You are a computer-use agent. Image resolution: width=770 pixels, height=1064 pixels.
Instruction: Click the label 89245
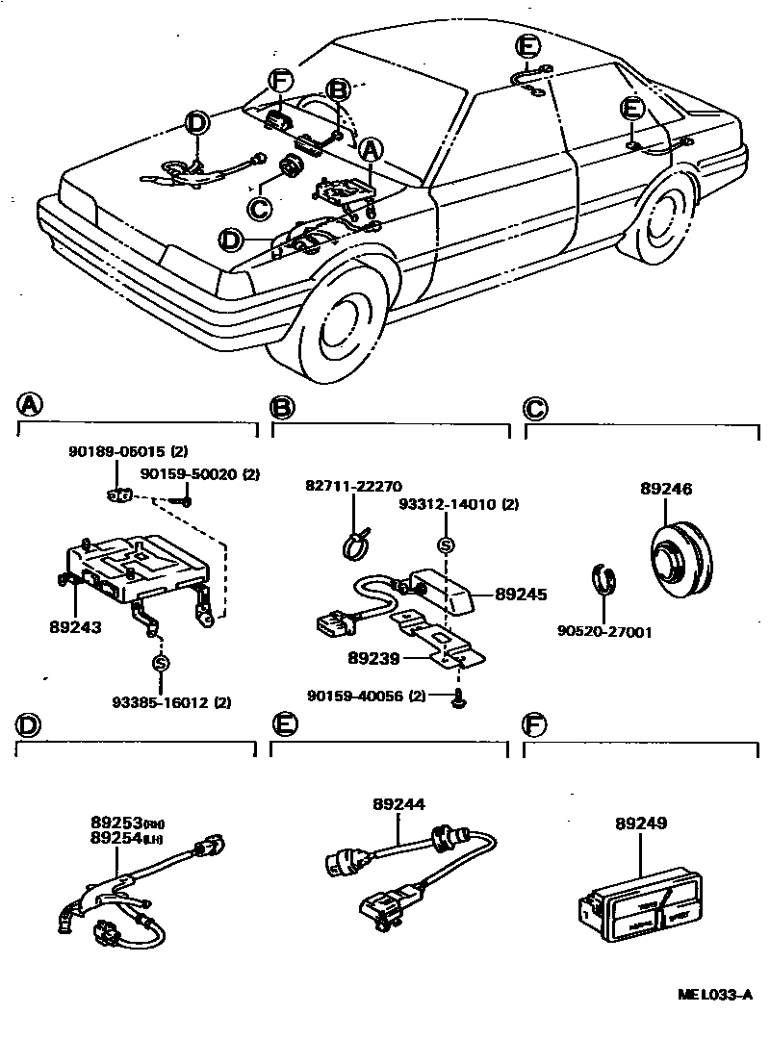click(x=521, y=595)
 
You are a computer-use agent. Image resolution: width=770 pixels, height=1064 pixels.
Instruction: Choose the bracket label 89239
click(x=374, y=659)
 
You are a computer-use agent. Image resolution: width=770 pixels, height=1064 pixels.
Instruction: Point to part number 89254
click(x=116, y=839)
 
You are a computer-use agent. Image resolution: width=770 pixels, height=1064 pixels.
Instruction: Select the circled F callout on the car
click(x=280, y=81)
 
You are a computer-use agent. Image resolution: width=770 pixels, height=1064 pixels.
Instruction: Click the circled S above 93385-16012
click(x=159, y=664)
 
